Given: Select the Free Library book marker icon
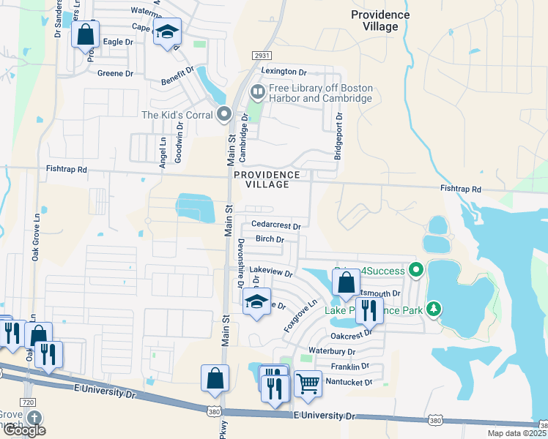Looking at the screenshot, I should click(x=257, y=93).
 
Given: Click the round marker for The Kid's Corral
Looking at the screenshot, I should click(x=224, y=114).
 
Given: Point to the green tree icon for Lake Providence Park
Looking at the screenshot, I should click(x=434, y=309).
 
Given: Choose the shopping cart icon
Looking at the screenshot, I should click(x=308, y=383).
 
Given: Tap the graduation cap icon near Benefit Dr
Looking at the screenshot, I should click(x=167, y=32).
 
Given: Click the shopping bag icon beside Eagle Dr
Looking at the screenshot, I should click(x=85, y=34).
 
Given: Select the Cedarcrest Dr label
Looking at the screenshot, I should click(x=275, y=225).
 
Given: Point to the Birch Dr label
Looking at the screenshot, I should click(x=270, y=239).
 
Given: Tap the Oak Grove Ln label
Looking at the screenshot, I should click(x=34, y=242).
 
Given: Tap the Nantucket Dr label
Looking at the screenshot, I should click(x=349, y=382).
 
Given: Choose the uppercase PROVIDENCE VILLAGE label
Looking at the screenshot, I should click(x=267, y=180).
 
